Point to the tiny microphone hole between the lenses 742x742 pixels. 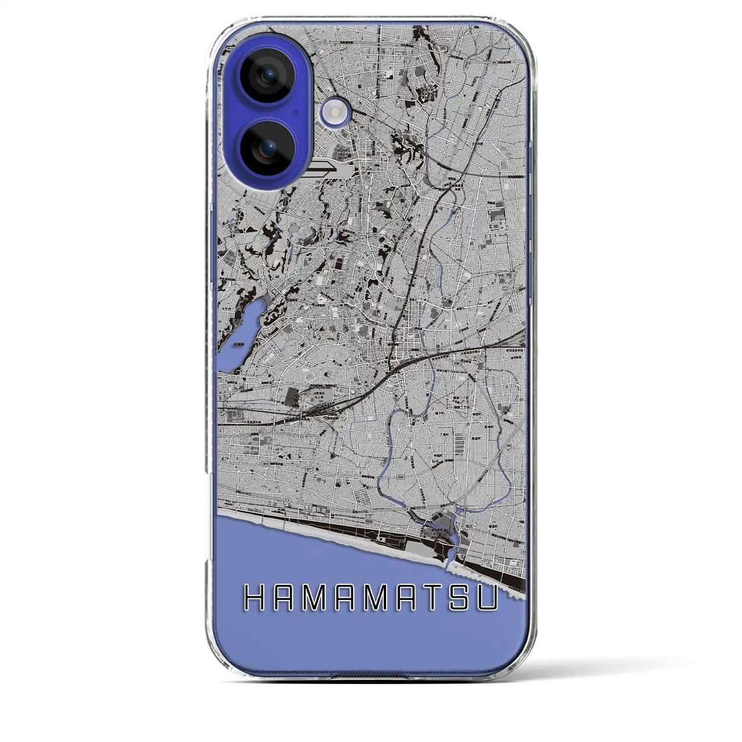296,111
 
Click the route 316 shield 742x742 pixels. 400,477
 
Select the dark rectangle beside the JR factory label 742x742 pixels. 292,397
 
